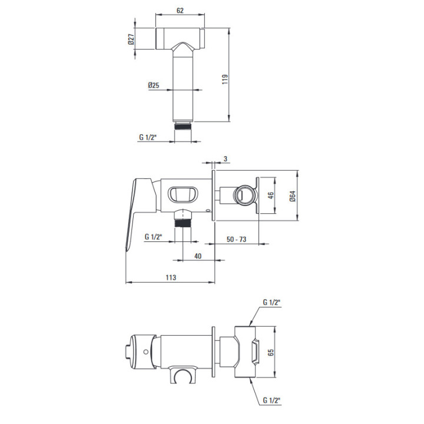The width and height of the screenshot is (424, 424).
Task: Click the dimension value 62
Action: (180, 11)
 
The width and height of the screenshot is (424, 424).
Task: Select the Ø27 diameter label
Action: (131, 39)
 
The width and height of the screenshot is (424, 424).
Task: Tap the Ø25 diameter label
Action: (154, 85)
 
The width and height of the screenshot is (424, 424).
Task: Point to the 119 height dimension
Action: (225, 79)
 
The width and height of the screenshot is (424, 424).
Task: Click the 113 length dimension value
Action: (171, 277)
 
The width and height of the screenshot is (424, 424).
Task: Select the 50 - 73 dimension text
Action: (236, 239)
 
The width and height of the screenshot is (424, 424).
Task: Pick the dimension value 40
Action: (198, 256)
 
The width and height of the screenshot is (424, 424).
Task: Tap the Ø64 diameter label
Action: (293, 196)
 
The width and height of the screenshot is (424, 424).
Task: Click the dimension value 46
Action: (270, 195)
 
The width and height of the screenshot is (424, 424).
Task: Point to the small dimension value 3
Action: (226, 159)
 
